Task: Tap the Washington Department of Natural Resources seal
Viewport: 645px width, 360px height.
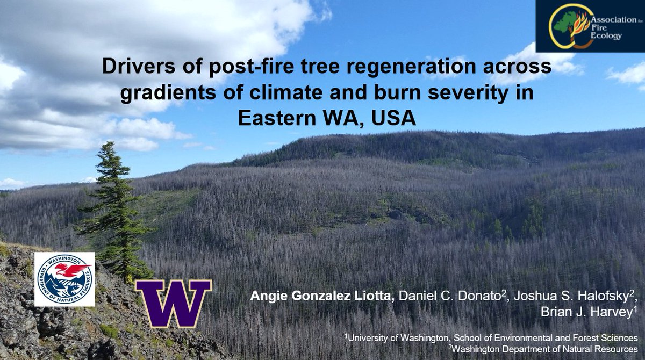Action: point(64,279)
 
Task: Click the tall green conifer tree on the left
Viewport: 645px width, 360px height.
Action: point(114,215)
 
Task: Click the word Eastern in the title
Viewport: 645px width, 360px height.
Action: point(272,117)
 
